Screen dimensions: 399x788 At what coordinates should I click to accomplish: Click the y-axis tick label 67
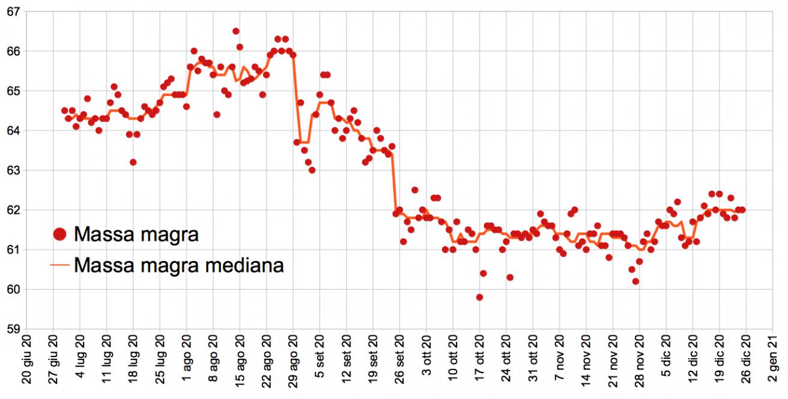coord(12,12)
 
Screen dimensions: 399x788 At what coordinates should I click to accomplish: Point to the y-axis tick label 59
coord(12,329)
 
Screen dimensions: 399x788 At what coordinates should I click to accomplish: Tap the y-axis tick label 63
coord(12,170)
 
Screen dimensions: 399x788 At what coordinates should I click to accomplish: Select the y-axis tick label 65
coord(12,91)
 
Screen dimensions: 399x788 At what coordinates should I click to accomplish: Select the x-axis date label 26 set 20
coord(399,364)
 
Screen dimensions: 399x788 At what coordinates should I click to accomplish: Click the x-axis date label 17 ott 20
coord(479,364)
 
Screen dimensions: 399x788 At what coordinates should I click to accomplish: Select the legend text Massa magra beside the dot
coord(136,235)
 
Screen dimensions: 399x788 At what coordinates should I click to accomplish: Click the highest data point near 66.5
coord(236,31)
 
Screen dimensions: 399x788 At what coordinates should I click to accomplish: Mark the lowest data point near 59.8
coord(479,297)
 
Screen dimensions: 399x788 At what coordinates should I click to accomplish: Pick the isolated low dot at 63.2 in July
coord(133,162)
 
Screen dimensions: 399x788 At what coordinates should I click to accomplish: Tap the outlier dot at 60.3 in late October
coord(510,277)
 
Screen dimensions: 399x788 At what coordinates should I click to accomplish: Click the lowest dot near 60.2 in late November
coord(635,281)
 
